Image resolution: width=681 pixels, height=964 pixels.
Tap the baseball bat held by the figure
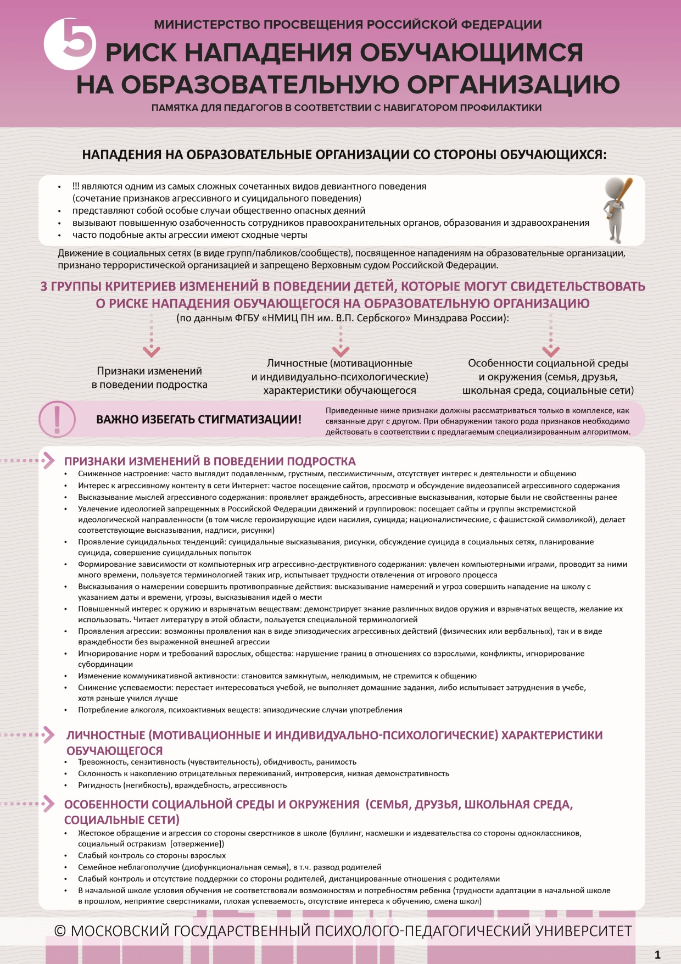622,195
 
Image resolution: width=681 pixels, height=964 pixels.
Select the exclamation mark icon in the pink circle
57,419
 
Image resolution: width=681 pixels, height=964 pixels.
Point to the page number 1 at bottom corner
657,955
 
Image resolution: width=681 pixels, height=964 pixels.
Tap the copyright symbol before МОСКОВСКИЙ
60,930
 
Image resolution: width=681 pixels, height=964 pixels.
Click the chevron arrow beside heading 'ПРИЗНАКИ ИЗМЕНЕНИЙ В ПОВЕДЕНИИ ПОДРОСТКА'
48,460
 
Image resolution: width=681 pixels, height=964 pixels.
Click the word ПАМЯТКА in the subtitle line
174,108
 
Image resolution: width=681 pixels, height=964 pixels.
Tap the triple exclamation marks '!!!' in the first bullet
76,187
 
